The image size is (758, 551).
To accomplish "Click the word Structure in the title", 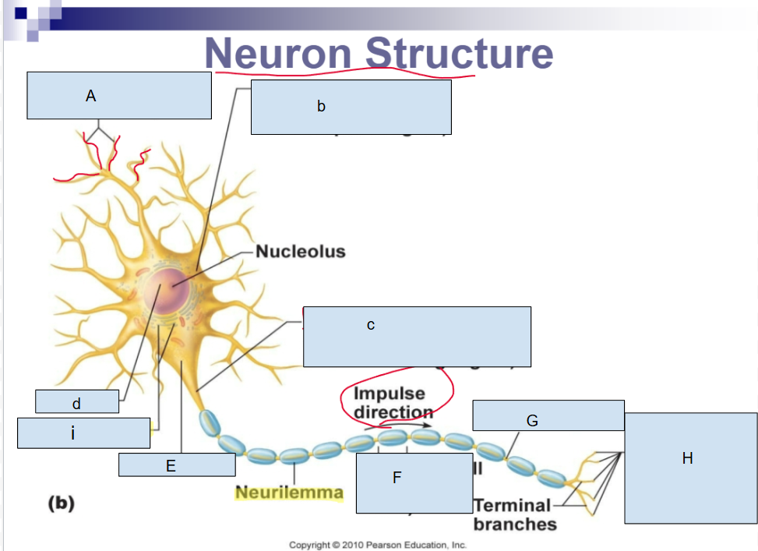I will coord(460,53).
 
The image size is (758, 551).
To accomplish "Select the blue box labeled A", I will coord(119,95).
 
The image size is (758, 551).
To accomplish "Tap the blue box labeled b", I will coord(351,107).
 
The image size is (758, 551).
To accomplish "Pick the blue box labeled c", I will coord(417,336).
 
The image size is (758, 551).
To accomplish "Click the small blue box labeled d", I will coord(77,401).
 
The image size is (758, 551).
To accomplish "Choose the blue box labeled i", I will coord(83,433).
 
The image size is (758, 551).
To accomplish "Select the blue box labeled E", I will coord(177,465).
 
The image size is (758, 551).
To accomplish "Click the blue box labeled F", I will coord(397,483).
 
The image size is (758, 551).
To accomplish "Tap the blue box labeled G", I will coord(548,415).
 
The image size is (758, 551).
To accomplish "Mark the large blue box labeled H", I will coord(690,468).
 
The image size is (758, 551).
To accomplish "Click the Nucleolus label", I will coord(301,252).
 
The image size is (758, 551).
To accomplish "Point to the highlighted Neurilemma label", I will coord(289,493).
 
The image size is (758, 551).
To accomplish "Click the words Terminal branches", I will coord(514,514).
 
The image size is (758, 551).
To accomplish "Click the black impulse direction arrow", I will coord(409,426).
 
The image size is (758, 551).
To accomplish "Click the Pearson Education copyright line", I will coord(378,545).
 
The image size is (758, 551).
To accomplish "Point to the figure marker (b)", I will coord(62,503).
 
